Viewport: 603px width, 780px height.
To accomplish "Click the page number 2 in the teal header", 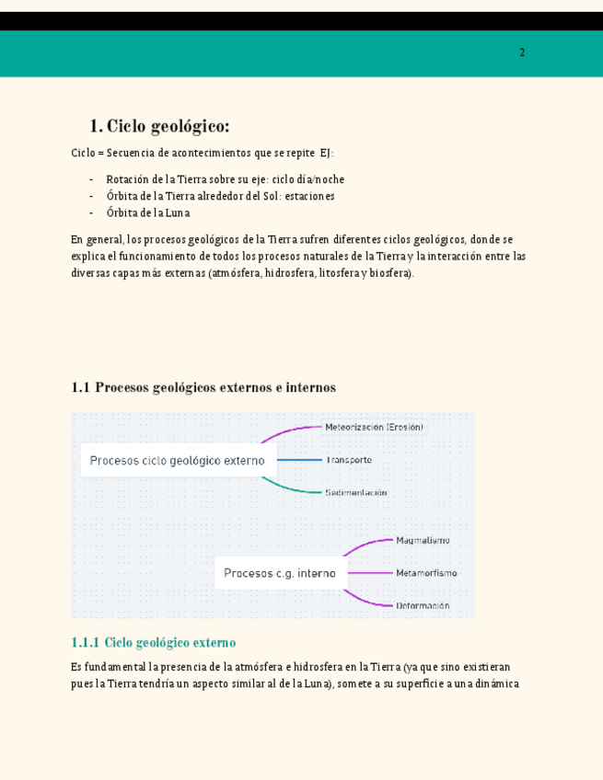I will coord(522,52).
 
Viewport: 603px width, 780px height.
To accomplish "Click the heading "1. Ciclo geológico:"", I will coord(159,126).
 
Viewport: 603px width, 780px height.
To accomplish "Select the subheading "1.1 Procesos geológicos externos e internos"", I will coord(203,387).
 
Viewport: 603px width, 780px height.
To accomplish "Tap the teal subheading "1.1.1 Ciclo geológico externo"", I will coord(153,642).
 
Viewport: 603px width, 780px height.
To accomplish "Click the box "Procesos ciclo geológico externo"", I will coord(178,460).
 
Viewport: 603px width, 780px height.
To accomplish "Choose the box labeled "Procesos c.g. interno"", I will coord(280,573).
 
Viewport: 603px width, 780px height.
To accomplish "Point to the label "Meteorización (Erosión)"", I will coord(374,427).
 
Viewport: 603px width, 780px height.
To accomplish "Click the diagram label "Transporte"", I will coord(348,460).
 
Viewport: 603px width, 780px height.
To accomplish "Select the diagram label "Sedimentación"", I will coord(355,492).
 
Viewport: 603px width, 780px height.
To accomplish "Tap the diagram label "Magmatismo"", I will coord(423,541).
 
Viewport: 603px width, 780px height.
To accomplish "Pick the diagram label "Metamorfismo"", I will coord(425,573).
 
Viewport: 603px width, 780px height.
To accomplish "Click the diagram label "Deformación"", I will coord(423,605).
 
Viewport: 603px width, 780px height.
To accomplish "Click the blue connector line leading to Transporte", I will coord(299,460).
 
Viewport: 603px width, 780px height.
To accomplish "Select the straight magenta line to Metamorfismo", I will coord(369,573).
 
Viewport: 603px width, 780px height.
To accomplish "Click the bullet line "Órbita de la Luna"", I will coord(147,212).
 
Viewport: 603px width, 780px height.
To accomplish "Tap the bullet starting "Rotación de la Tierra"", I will coord(225,179).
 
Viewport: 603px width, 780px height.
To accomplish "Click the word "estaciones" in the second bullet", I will coord(308,196).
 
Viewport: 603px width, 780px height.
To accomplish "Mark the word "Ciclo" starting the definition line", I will coord(84,153).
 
